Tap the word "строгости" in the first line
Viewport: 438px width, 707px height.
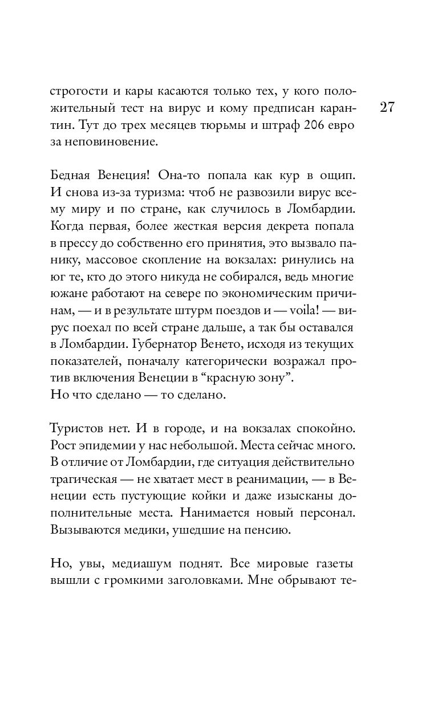click(x=75, y=92)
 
